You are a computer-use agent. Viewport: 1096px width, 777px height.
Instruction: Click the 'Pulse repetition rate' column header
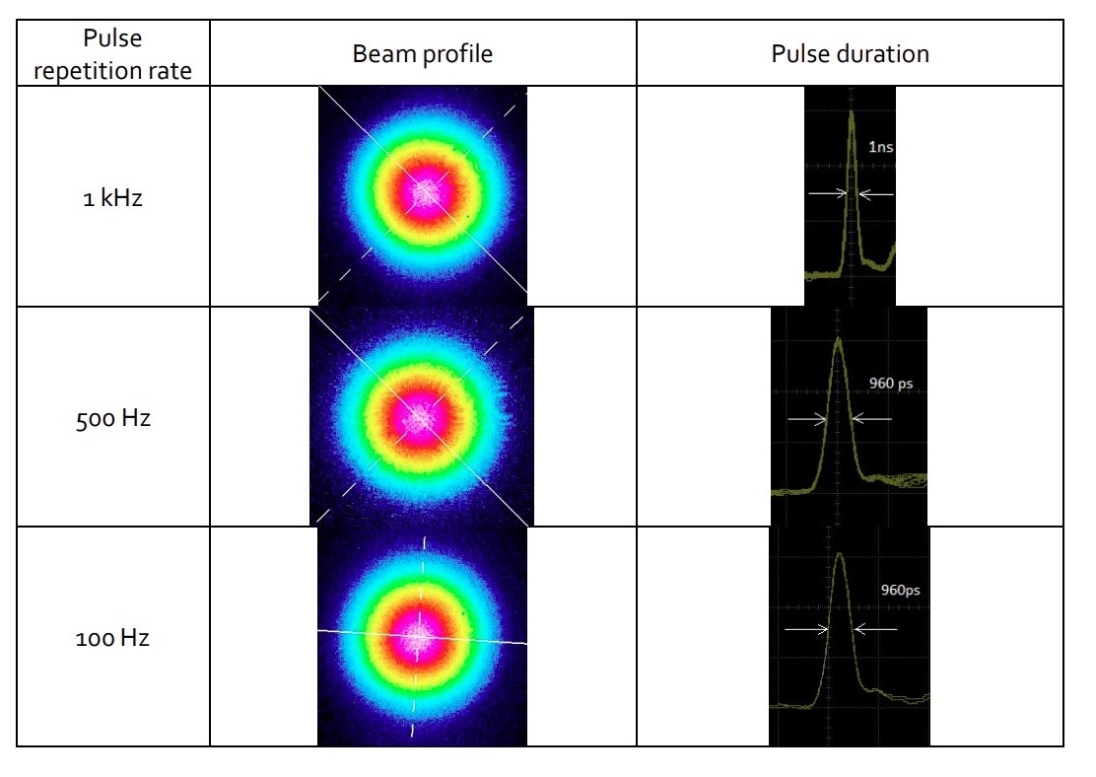[112, 53]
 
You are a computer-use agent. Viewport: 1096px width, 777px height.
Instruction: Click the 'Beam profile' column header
[423, 53]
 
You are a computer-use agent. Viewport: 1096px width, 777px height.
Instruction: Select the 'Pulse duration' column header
[850, 53]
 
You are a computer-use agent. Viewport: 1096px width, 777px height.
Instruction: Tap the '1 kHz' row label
[112, 197]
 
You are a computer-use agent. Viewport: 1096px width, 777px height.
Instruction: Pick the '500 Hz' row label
[112, 418]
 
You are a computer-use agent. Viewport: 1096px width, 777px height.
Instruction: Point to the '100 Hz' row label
[112, 638]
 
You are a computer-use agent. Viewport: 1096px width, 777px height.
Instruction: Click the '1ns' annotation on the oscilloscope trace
[880, 147]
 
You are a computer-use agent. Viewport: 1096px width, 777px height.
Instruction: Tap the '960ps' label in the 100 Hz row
[900, 591]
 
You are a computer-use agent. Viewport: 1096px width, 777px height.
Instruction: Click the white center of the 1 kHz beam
[427, 192]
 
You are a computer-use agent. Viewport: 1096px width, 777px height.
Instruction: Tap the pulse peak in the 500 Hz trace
[838, 341]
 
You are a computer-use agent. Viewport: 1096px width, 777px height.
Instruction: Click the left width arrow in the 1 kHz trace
[828, 194]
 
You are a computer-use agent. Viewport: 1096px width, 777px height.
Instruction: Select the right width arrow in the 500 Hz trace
[871, 419]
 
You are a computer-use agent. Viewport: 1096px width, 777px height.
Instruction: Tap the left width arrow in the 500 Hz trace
[807, 419]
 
